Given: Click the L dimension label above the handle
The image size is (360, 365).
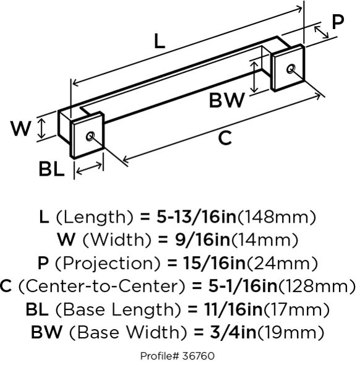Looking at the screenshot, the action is (x=160, y=41).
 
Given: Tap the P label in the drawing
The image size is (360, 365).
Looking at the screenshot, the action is (x=338, y=22).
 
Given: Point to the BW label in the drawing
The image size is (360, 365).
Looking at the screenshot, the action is (x=227, y=100).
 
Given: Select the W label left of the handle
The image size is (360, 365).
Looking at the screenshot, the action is (x=21, y=129).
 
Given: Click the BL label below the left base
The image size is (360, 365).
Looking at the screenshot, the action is (x=51, y=169).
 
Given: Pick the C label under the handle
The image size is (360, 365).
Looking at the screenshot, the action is (x=225, y=139).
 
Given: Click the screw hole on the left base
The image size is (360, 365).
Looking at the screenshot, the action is (x=90, y=136).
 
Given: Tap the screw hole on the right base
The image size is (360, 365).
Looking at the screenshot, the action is (x=291, y=69).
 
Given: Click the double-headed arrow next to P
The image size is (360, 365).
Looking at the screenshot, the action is (x=321, y=32).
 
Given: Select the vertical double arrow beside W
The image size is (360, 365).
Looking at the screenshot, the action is (x=41, y=128).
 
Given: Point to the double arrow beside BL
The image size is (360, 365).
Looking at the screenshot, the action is (x=89, y=168).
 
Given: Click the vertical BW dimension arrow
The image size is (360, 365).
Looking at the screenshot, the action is (x=255, y=77).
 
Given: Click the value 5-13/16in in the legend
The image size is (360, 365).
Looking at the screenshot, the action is (x=196, y=217).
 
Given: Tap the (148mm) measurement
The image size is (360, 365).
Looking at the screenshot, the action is (x=277, y=217).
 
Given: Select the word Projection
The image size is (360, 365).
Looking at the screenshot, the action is (x=108, y=264).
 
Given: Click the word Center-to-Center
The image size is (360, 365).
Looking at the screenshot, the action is (x=101, y=286).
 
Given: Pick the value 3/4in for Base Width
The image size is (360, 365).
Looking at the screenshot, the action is (x=233, y=332).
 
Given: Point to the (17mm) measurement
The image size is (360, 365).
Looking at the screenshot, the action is (x=296, y=309).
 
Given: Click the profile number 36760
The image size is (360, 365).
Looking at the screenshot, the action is (x=199, y=356).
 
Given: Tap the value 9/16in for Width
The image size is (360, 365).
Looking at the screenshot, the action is (x=202, y=240).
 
